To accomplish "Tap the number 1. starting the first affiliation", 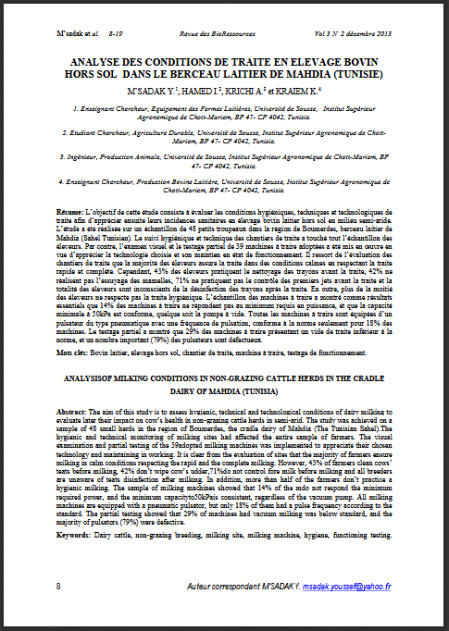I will click(75, 108).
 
